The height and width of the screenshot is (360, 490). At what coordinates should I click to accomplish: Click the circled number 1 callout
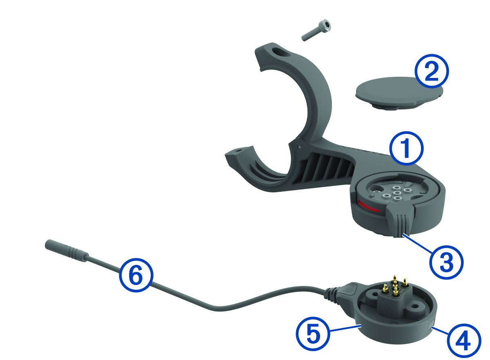click(x=406, y=148)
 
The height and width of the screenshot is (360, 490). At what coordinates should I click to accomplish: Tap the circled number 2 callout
click(x=432, y=71)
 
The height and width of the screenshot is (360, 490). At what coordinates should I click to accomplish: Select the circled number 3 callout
click(x=446, y=262)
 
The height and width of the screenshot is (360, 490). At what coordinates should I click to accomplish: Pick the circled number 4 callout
click(x=464, y=341)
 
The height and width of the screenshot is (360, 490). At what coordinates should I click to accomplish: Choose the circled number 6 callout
click(x=136, y=275)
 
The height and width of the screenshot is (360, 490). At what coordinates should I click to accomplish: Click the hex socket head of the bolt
click(x=325, y=25)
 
